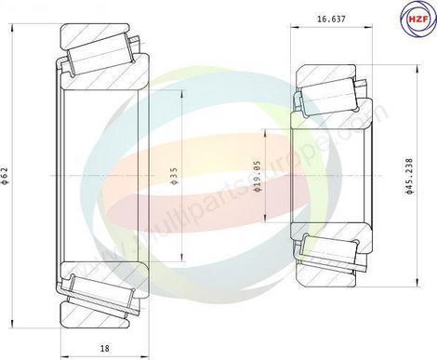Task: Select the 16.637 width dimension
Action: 331,17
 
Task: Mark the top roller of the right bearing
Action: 327,93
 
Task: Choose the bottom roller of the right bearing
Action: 327,253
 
